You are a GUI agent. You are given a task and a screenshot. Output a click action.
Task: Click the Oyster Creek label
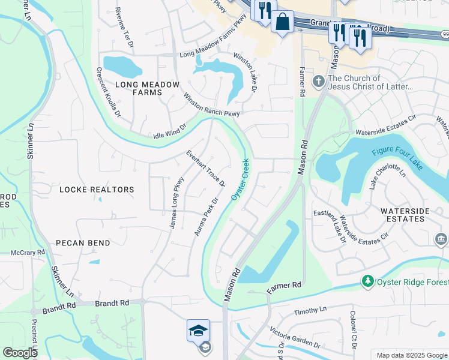240,180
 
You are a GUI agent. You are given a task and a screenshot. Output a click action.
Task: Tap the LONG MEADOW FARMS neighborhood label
139,88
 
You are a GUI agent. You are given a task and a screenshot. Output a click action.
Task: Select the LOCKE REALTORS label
97,190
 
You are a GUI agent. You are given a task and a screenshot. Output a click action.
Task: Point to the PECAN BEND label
83,243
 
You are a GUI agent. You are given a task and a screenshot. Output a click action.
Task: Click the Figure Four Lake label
397,158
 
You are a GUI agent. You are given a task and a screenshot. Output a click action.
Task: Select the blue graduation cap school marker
198,331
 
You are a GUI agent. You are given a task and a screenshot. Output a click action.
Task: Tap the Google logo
20,353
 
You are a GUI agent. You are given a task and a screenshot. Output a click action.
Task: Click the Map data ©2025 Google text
411,355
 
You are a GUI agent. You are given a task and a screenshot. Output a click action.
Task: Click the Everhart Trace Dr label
205,168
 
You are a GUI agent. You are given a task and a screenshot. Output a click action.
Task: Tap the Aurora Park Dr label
205,217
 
